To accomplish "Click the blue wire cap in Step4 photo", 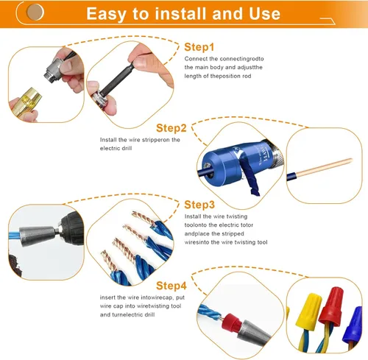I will coord(354,320).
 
